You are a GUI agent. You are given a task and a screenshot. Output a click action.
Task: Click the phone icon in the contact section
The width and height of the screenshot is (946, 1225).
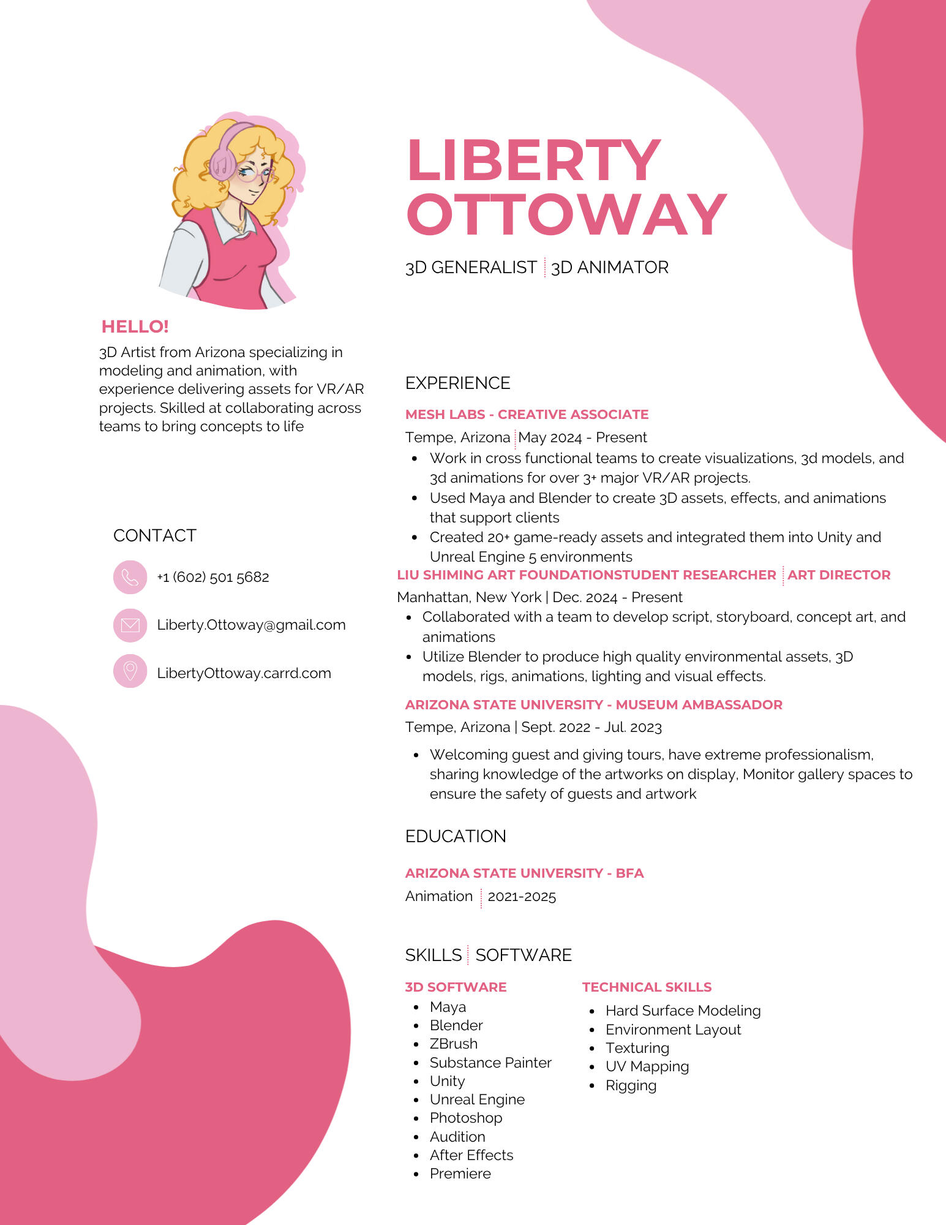[x=130, y=577]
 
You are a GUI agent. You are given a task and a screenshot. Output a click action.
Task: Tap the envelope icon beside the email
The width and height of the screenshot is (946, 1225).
[x=130, y=625]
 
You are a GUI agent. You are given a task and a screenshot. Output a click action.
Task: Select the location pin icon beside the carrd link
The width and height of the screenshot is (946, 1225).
[x=130, y=671]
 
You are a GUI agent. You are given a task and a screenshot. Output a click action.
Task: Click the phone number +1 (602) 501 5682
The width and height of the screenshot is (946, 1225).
[x=213, y=577]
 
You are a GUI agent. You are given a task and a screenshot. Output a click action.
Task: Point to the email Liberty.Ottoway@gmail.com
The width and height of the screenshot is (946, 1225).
[x=251, y=625]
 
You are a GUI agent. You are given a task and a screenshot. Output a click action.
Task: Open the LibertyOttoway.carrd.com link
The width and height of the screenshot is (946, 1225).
[x=244, y=673]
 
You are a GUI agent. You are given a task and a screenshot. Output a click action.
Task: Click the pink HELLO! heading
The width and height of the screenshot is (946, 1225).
[x=135, y=326]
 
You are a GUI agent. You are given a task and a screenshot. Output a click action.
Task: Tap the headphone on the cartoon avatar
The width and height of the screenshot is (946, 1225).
[x=223, y=160]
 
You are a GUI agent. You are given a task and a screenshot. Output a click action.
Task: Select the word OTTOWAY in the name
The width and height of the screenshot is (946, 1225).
[x=566, y=214]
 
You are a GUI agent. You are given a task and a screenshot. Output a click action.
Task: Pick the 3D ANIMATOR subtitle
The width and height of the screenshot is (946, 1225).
[x=610, y=268]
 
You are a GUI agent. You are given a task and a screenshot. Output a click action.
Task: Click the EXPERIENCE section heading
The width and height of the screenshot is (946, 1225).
[x=457, y=383]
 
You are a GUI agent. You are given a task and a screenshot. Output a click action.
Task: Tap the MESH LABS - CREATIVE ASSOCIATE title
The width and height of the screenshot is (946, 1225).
[x=527, y=414]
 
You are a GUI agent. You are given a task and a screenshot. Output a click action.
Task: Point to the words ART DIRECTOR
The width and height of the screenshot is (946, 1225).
[x=839, y=575]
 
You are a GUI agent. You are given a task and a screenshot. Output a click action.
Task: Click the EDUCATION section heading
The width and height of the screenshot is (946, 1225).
[x=456, y=836]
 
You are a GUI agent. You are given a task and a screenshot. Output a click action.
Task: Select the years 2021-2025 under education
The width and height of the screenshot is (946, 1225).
[x=522, y=897]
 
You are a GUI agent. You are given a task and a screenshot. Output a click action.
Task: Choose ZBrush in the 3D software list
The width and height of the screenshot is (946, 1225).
[x=453, y=1044]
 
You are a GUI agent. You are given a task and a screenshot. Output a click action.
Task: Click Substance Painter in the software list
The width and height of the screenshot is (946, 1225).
[x=490, y=1063]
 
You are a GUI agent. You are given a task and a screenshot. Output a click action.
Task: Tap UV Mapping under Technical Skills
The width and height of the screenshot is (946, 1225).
[x=647, y=1066]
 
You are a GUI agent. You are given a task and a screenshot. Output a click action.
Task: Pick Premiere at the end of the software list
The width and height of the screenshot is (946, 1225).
[x=460, y=1174]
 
